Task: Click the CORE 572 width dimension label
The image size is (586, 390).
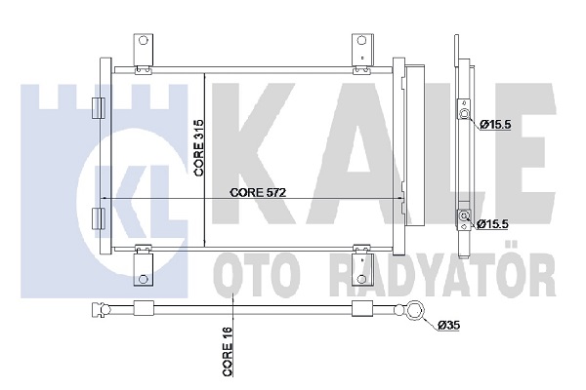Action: [x=258, y=193]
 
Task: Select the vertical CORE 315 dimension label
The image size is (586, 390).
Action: [x=198, y=147]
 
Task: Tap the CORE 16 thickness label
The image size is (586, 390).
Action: [x=228, y=351]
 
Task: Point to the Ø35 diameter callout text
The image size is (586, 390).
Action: [x=448, y=326]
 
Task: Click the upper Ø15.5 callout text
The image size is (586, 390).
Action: [x=495, y=124]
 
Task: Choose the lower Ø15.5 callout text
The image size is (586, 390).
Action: [x=493, y=224]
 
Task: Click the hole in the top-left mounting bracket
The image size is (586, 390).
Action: [x=143, y=40]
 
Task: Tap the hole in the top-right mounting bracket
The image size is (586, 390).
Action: [x=361, y=40]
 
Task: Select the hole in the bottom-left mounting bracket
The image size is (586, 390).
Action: [x=144, y=279]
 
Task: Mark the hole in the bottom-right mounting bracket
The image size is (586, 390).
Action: [x=361, y=279]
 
